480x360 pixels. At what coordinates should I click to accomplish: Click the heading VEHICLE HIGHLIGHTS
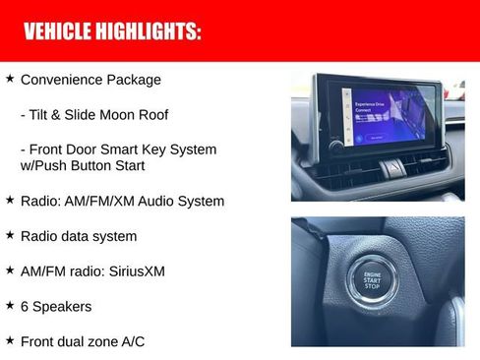[x=112, y=31]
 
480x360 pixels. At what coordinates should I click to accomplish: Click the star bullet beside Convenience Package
[x=10, y=77]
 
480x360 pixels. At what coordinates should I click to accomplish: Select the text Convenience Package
[x=90, y=80]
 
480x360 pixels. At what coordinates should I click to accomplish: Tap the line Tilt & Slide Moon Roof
[x=94, y=115]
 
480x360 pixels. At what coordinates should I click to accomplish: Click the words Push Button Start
[x=108, y=165]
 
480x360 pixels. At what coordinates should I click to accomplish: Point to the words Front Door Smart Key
[x=98, y=150]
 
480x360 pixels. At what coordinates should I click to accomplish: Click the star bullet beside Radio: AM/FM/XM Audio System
[x=10, y=199]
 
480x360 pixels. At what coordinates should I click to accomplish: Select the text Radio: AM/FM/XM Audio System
[x=122, y=202]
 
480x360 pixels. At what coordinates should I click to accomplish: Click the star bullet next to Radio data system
[x=10, y=234]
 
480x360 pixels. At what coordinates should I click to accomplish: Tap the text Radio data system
[x=79, y=237]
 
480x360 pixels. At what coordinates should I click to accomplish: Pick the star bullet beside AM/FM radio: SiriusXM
[x=10, y=269]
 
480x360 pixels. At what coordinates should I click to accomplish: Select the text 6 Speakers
[x=56, y=307]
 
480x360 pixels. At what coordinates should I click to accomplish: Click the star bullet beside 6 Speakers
[x=10, y=305]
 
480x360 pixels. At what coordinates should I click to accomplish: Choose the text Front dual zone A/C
[x=84, y=341]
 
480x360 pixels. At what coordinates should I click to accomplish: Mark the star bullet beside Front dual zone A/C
[x=10, y=339]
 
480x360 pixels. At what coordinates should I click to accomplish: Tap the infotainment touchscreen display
[x=390, y=117]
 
